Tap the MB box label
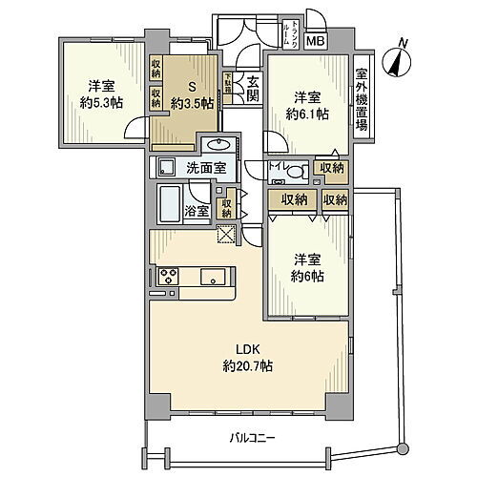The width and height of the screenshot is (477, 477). coord(315,40)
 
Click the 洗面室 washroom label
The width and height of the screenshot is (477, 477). coord(205,169)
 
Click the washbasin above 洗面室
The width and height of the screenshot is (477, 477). coord(216,146)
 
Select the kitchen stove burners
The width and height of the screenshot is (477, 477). coord(167,277)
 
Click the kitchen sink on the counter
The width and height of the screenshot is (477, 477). coord(211,277)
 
